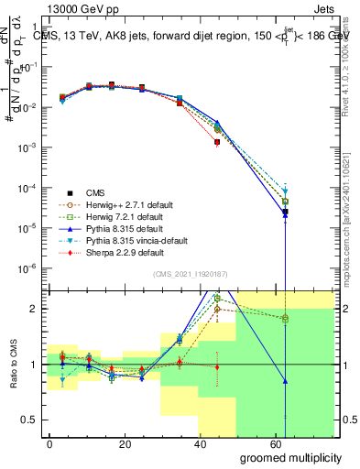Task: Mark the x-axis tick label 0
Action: point(49,442)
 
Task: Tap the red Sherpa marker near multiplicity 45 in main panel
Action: point(217,143)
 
